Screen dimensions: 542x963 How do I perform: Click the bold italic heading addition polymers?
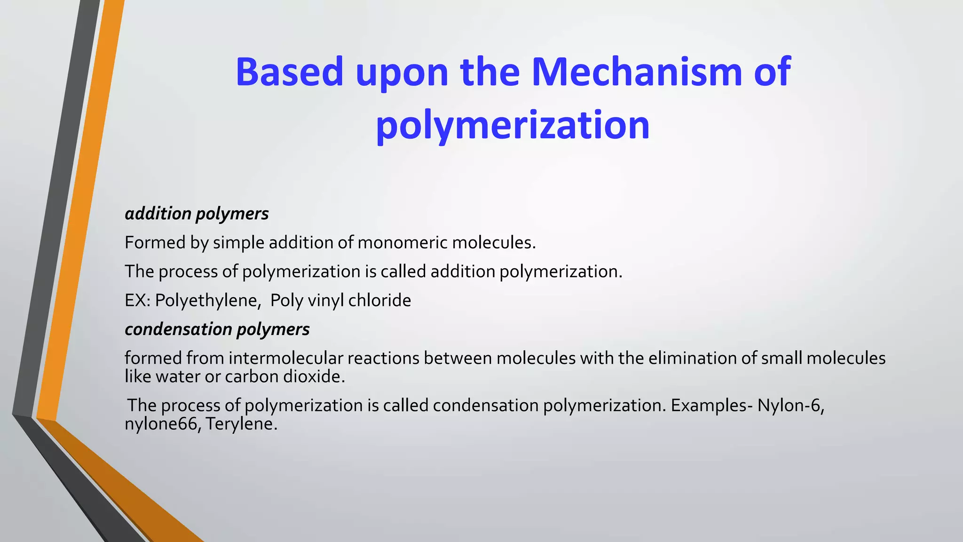coord(197,214)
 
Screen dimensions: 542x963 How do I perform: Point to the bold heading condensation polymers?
coord(217,329)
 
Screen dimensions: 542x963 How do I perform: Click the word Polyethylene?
coord(207,300)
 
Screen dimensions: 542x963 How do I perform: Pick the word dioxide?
coord(314,377)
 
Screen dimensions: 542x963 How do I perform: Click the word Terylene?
coord(241,424)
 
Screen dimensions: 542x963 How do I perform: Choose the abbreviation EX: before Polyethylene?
coord(137,300)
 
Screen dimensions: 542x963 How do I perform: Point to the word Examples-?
coord(711,406)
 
